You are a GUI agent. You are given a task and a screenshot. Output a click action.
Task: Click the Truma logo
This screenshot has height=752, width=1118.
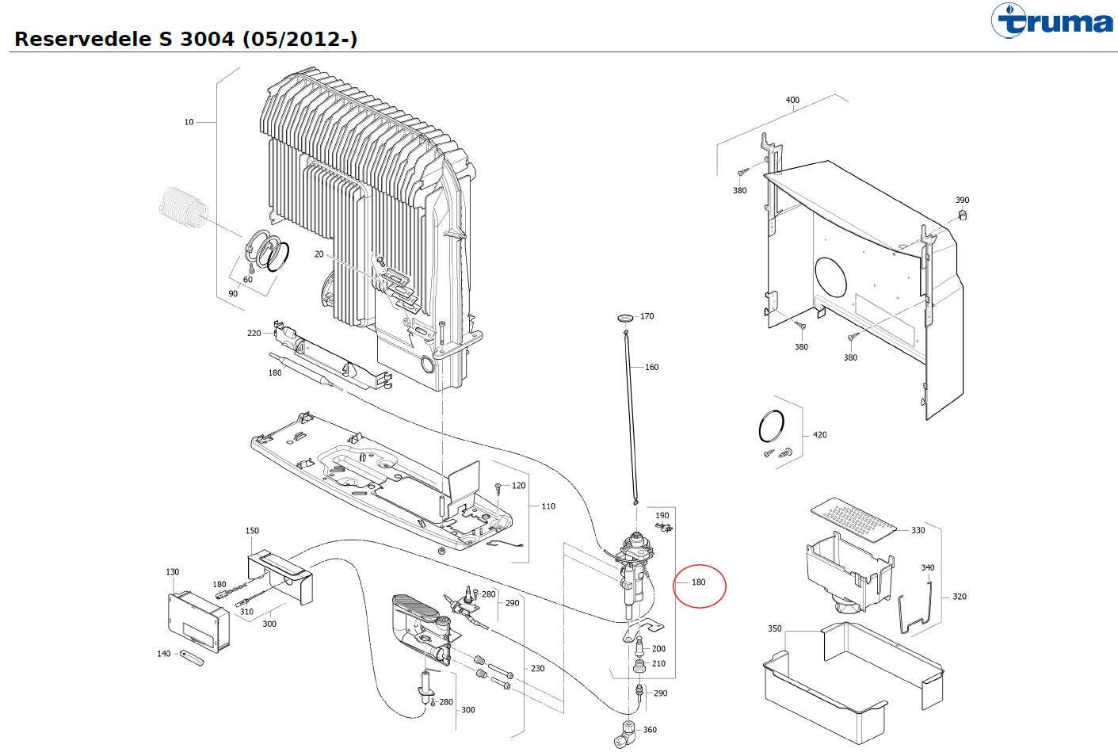coord(1051,21)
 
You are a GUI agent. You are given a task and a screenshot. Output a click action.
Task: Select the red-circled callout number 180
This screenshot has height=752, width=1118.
coord(698,582)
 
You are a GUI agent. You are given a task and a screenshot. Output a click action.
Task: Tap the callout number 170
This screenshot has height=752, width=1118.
coord(647,316)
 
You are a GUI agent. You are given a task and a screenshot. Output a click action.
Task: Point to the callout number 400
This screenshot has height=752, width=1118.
coord(792,100)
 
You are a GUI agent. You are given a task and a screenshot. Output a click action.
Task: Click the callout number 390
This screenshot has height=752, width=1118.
coord(962,200)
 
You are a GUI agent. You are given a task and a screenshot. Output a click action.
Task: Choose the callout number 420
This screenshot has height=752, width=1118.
coord(819,434)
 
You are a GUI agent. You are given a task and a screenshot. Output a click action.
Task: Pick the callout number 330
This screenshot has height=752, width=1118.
coord(918,530)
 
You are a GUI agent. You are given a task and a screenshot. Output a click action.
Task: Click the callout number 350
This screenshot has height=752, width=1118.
coord(774,628)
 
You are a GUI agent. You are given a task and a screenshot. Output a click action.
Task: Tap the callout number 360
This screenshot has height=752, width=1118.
coord(650,730)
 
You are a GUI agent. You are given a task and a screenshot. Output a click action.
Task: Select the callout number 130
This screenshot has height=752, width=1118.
coord(172,572)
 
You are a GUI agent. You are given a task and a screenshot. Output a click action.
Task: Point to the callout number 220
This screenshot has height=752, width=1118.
coord(254,333)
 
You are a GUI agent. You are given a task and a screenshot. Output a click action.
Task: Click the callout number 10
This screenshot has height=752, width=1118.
coord(189,122)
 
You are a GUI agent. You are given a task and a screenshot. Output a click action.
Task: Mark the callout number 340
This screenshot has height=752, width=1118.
coord(927,567)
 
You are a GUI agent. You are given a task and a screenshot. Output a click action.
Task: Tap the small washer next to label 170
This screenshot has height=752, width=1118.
coord(625,318)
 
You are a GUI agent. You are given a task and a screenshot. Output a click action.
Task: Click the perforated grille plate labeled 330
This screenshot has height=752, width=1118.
coord(853,520)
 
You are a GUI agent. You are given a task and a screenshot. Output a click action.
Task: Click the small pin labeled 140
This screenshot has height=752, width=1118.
coord(192,658)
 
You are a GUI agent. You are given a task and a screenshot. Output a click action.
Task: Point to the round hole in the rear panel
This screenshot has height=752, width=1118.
coord(830,277)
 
